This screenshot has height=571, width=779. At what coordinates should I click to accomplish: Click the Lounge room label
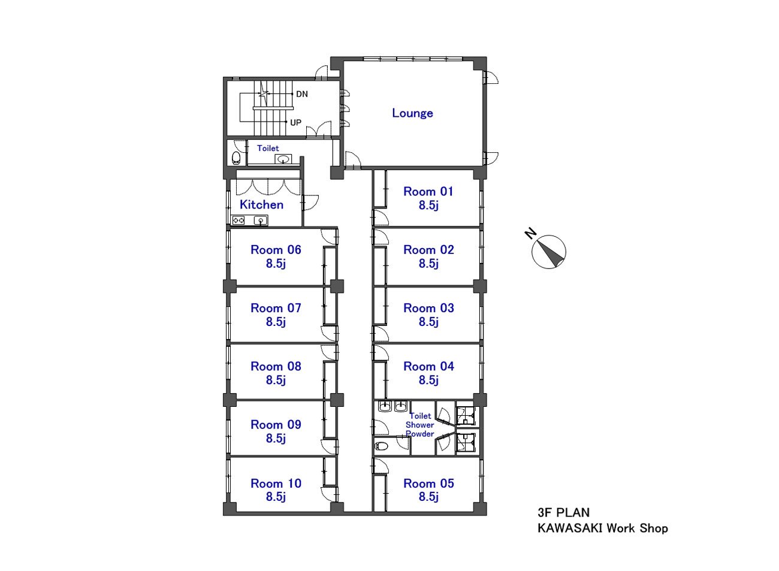point(412,113)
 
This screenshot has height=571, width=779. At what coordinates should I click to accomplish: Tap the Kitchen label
point(261,204)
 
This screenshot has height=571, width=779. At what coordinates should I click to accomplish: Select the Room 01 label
point(428,191)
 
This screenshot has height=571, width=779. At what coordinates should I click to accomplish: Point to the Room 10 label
point(276,484)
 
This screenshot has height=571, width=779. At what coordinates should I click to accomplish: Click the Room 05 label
point(428,484)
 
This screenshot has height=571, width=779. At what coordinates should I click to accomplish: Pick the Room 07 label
point(276,308)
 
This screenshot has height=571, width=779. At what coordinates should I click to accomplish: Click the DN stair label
point(302,94)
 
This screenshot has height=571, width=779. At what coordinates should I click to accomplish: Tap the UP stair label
point(295,122)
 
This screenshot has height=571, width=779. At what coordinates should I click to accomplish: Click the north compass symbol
point(548,252)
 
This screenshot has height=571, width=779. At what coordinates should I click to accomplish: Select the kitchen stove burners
point(238,220)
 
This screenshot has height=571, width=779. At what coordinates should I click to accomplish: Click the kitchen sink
point(261,220)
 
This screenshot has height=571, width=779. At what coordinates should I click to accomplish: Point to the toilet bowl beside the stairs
point(236,158)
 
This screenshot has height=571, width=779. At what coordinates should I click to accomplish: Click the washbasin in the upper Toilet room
point(283,159)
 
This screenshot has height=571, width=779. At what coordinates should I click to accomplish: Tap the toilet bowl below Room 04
point(382,446)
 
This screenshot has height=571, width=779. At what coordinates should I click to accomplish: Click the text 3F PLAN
point(563,512)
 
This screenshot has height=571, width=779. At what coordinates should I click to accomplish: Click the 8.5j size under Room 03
point(428,322)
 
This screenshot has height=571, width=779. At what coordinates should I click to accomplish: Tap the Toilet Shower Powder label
point(419,425)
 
